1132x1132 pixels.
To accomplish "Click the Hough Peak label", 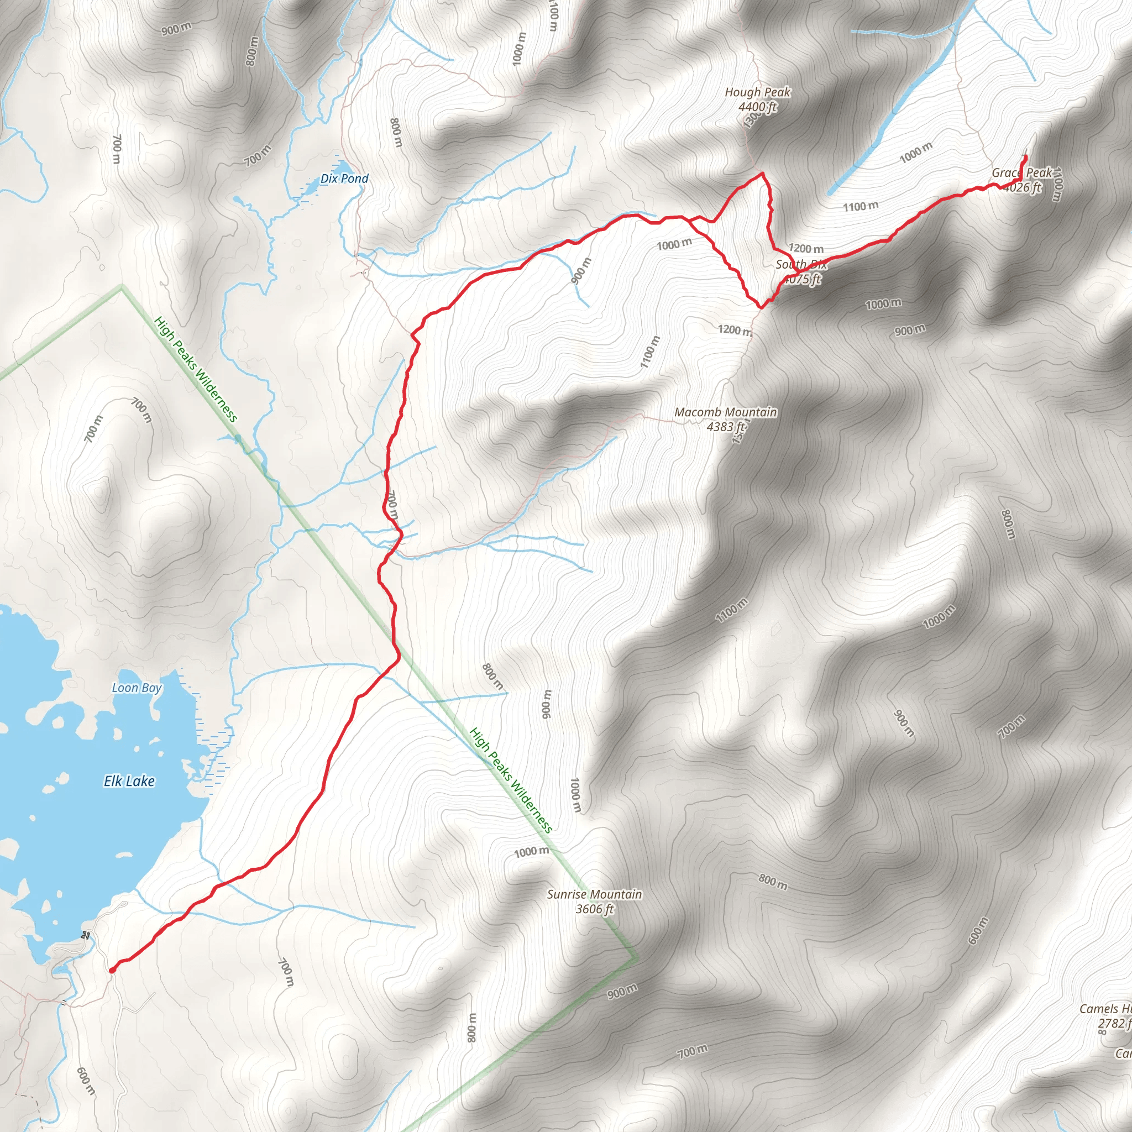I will click(757, 92).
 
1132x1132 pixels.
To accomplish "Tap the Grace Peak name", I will click(1021, 173).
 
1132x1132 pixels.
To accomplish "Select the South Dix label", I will click(800, 264).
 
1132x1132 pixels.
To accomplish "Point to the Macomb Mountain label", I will click(725, 412).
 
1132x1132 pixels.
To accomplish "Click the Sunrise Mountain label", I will click(594, 894).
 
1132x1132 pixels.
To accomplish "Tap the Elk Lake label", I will click(129, 781).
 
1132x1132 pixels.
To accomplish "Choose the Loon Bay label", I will click(137, 688).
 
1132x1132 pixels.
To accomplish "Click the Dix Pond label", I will click(344, 179).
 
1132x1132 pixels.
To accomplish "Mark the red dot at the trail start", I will click(112, 970).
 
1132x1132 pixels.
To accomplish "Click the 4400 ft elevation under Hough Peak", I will click(757, 107).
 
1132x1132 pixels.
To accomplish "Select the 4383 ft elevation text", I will click(725, 427).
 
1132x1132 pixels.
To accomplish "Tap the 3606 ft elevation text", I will click(594, 909).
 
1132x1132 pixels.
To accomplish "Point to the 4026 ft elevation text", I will click(1023, 187).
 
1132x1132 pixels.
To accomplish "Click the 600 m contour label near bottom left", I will click(86, 1081).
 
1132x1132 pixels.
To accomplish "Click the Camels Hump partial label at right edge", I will click(1105, 1008).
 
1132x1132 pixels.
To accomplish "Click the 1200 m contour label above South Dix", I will click(806, 248).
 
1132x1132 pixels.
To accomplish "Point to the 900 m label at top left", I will click(176, 28).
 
